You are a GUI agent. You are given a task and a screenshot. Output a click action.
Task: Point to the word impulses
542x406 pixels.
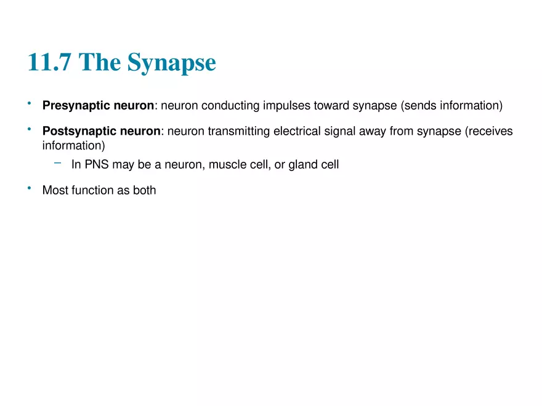point(287,106)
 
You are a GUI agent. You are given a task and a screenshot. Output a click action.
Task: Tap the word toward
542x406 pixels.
point(331,106)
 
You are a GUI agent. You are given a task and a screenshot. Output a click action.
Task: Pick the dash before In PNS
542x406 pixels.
point(58,163)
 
